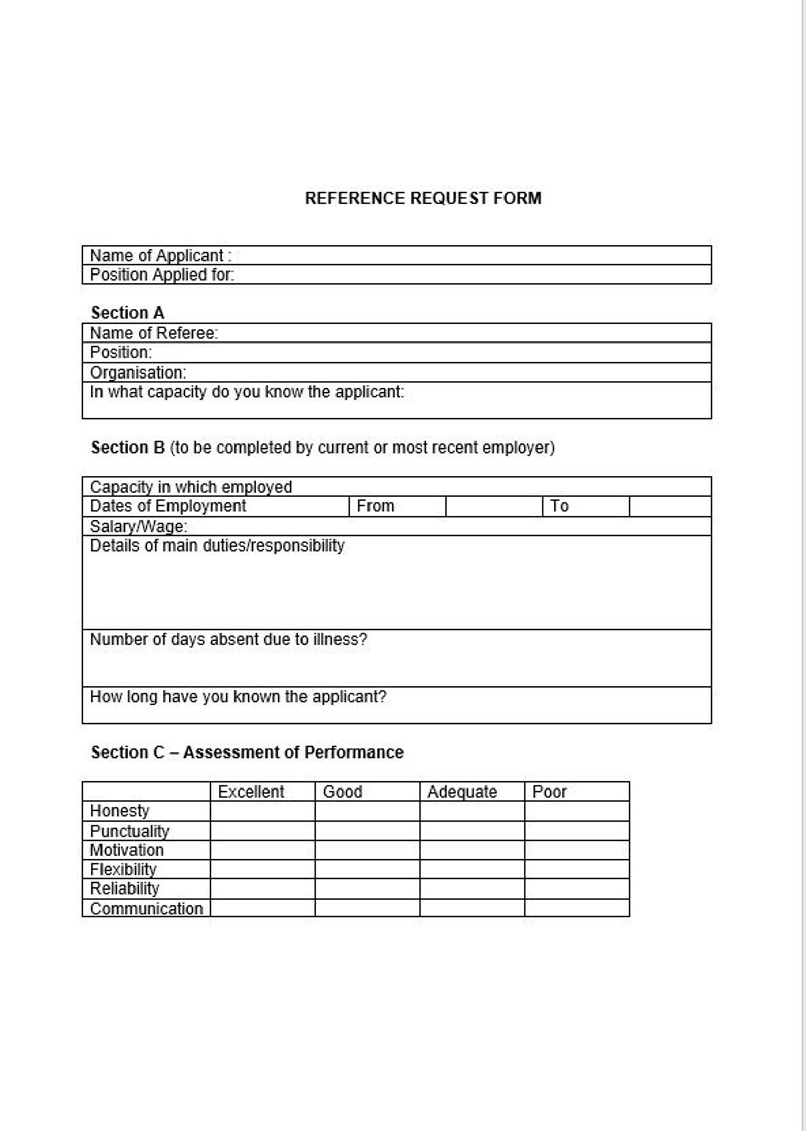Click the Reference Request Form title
[x=422, y=198]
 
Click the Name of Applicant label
[x=160, y=255]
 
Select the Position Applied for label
[x=162, y=275]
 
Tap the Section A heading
[x=127, y=313]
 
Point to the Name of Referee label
[x=154, y=333]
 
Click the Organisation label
[x=138, y=372]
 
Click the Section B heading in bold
[x=128, y=448]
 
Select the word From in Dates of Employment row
[x=375, y=506]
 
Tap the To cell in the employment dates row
[x=559, y=506]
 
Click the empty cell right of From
[x=494, y=506]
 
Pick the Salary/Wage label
[x=138, y=526]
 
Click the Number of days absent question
[x=228, y=639]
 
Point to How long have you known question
[x=238, y=696]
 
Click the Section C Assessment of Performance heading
[x=247, y=752]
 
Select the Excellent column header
[x=251, y=792]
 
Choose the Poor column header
[x=549, y=792]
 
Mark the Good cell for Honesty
[x=367, y=811]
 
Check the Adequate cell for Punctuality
[x=472, y=831]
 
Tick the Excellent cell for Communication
[x=262, y=908]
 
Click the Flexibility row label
[x=123, y=869]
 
